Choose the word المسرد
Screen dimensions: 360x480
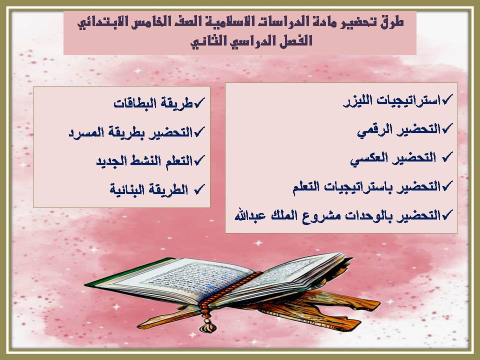coord(85,132)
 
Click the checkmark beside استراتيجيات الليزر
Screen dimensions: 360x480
coord(448,100)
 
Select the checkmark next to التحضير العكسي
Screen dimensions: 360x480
coord(447,157)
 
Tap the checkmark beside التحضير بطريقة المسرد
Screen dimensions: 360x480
coord(199,131)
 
